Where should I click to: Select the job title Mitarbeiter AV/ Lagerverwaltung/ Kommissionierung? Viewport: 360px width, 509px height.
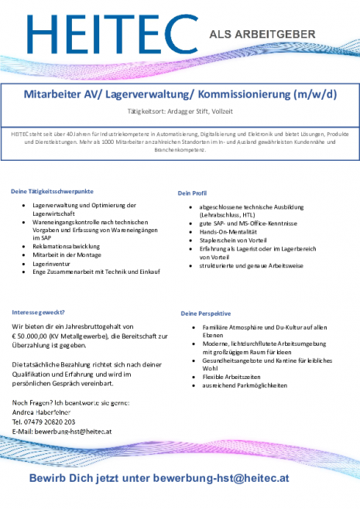pos(180,95)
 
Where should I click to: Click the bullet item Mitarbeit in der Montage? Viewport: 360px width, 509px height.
pos(67,255)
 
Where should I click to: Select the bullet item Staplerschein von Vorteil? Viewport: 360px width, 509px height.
pos(234,241)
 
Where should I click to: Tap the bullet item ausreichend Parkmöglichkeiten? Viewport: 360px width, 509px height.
pos(245,385)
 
